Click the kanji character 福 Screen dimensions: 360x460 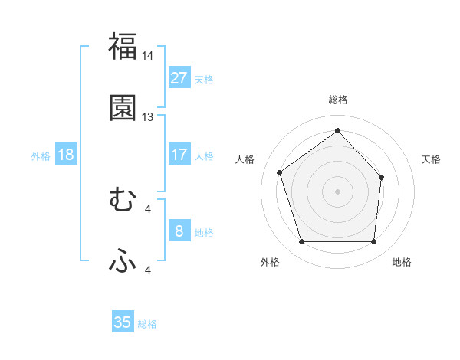(x=123, y=46)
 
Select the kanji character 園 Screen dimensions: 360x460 (x=123, y=108)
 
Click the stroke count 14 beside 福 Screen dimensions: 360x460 (x=148, y=56)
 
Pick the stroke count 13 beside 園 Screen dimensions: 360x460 (x=148, y=117)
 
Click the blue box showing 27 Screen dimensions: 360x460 (x=179, y=78)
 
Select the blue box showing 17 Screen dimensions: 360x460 (x=179, y=155)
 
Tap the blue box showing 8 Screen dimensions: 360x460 (x=179, y=231)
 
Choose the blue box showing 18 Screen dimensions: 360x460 (x=66, y=155)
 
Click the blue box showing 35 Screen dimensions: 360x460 (x=123, y=322)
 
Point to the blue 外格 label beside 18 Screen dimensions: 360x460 (x=41, y=156)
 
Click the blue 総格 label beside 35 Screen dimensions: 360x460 (x=147, y=324)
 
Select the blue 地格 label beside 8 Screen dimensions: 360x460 (x=204, y=233)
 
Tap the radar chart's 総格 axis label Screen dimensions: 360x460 (x=337, y=100)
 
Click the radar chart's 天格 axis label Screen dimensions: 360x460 (x=431, y=159)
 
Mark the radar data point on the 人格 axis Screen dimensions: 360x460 (x=280, y=172)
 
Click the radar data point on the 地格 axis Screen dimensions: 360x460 (x=373, y=242)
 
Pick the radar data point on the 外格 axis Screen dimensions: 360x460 (x=301, y=242)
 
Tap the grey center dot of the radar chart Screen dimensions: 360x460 (x=337, y=191)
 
